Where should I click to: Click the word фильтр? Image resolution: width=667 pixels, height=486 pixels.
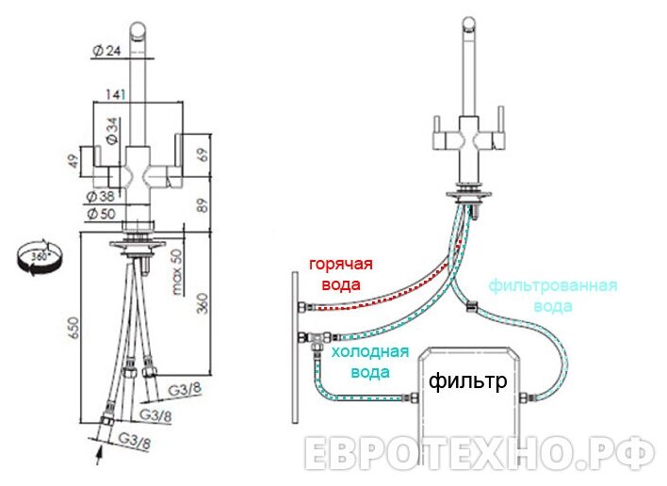(468, 381)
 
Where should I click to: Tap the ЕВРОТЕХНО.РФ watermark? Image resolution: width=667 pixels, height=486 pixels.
(480, 454)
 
